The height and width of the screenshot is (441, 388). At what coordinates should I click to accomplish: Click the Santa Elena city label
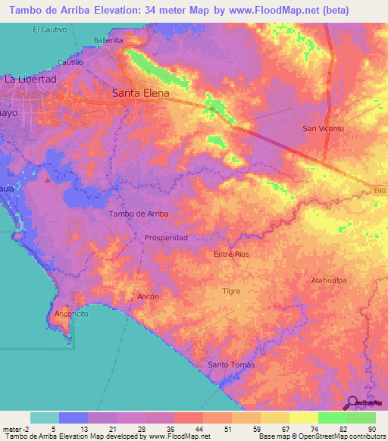click(x=140, y=94)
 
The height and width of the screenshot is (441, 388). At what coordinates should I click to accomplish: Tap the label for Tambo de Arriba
click(x=139, y=214)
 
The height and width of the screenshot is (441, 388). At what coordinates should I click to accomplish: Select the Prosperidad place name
click(x=166, y=238)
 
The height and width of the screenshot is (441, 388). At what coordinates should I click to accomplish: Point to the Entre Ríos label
click(x=231, y=255)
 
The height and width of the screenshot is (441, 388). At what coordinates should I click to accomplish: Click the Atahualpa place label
click(x=329, y=280)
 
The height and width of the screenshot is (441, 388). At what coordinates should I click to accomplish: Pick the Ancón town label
click(x=149, y=296)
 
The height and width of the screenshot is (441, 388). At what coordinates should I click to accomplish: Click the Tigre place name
click(x=231, y=291)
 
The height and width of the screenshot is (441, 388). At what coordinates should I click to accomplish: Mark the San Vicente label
click(x=324, y=129)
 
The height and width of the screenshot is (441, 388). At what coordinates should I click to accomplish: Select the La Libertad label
click(x=31, y=79)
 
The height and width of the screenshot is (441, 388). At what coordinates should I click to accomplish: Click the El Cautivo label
click(x=50, y=30)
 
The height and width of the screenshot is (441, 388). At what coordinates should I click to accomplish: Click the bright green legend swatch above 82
click(x=332, y=418)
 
